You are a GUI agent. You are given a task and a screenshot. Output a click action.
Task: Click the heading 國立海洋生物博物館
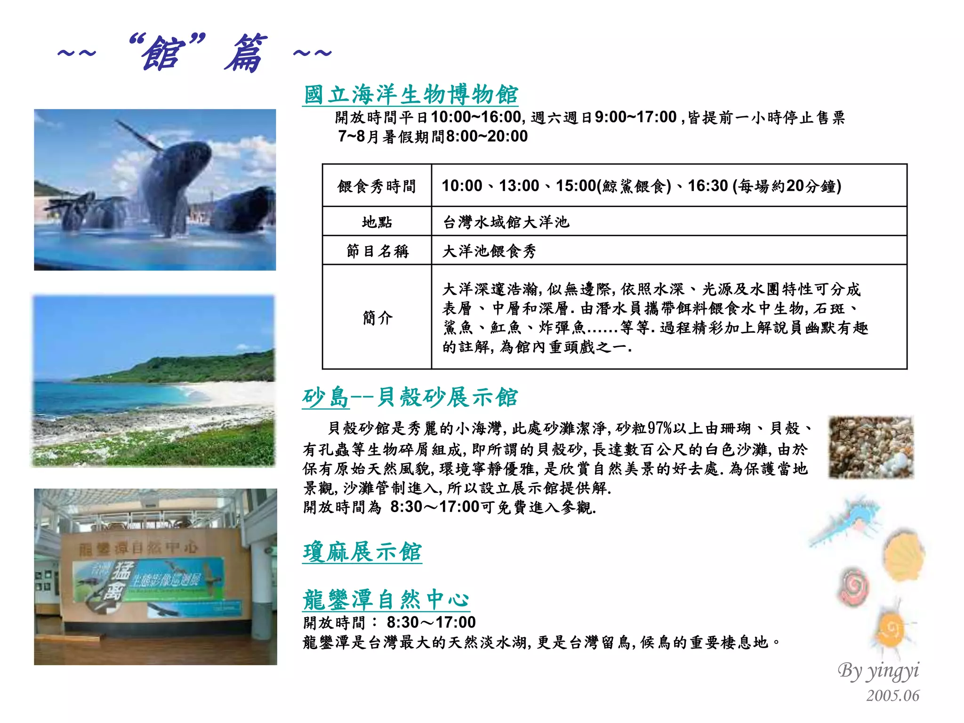coord(410,95)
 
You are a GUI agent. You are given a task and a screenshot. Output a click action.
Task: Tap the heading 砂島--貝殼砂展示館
coord(410,397)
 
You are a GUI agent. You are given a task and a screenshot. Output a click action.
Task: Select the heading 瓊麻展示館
coord(362,552)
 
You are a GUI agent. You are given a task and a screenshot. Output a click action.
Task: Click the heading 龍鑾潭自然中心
coord(386,600)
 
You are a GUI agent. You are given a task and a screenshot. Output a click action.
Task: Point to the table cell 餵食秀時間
coord(377,186)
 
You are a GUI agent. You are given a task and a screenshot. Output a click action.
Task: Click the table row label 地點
coord(377,221)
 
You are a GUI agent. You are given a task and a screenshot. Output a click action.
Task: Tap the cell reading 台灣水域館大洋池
coord(506,222)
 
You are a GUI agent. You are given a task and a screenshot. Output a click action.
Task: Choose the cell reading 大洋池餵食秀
coord(489,251)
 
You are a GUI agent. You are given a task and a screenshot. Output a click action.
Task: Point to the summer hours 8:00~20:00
coord(487,137)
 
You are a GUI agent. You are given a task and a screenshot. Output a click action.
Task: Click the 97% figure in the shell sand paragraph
coord(659,428)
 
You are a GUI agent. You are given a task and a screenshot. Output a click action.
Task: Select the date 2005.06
coord(892,696)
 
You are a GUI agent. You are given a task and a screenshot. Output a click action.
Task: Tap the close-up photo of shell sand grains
coord(871,447)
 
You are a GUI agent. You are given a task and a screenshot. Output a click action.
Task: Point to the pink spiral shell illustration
coord(853,587)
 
